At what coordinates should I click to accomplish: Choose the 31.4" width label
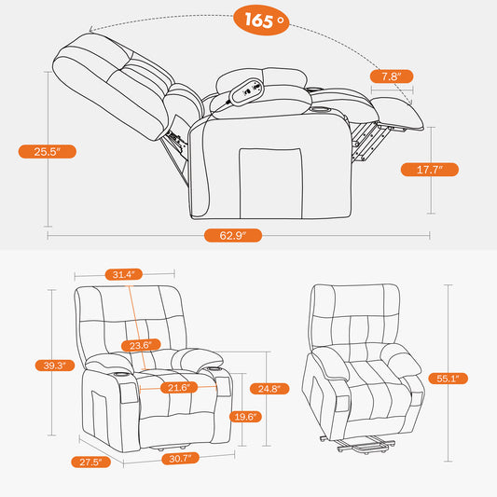coord(121,274)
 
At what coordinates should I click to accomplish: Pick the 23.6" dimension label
coord(141,345)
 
